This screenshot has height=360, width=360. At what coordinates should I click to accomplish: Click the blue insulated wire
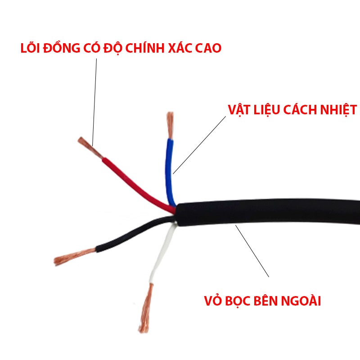click(170, 171)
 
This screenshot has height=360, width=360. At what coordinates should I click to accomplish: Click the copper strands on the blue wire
click(170, 125)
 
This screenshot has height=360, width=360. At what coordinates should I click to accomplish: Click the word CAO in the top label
click(209, 48)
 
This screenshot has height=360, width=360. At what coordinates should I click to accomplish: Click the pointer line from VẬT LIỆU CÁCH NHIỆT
click(200, 144)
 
